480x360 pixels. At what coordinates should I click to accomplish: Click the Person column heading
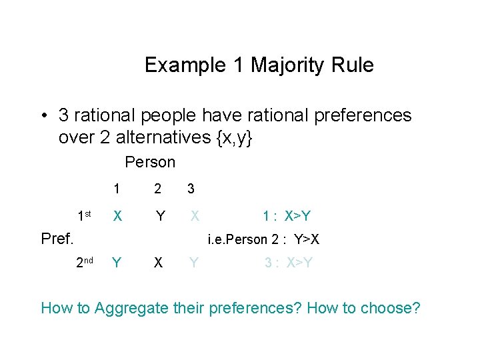click(150, 162)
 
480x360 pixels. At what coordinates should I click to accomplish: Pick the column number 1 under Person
click(117, 189)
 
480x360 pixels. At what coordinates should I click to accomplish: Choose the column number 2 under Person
click(158, 189)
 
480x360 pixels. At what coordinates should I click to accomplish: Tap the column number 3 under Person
click(191, 189)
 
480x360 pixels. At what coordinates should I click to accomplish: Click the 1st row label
click(83, 216)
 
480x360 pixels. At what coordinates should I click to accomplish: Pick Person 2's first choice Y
click(160, 216)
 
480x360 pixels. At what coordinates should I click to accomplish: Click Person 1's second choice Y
click(117, 263)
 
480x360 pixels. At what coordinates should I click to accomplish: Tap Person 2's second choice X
click(158, 263)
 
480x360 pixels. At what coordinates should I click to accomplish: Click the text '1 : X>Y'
click(287, 216)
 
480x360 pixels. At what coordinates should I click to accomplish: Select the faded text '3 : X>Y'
click(288, 263)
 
